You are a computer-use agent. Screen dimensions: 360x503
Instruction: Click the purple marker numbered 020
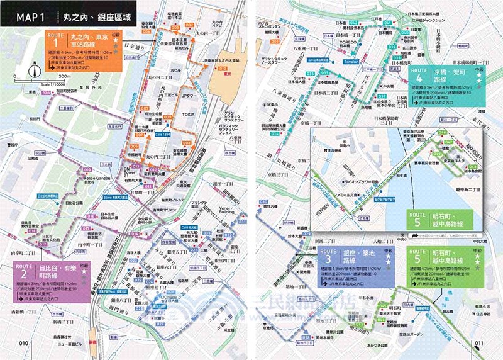(x=46, y=93)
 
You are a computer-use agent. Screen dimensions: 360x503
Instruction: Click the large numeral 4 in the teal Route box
(x=419, y=85)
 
